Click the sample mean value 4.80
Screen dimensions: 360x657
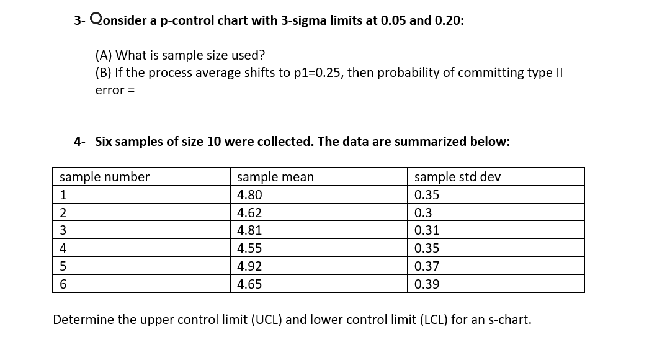249,195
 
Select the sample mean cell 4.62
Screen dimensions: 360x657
249,213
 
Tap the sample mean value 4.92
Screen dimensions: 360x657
249,266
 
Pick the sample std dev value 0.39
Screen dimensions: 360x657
427,284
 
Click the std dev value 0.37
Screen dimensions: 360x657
427,266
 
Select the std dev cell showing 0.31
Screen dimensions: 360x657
427,230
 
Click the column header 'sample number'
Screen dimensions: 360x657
104,177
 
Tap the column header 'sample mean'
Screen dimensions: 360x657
275,177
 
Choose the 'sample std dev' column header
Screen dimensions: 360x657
457,177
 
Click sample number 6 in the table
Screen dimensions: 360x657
63,284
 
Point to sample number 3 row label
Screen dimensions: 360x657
63,230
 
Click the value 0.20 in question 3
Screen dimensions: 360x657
449,20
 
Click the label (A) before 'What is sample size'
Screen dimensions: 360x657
104,55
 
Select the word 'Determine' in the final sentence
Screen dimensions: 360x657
83,320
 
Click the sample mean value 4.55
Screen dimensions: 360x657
249,248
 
